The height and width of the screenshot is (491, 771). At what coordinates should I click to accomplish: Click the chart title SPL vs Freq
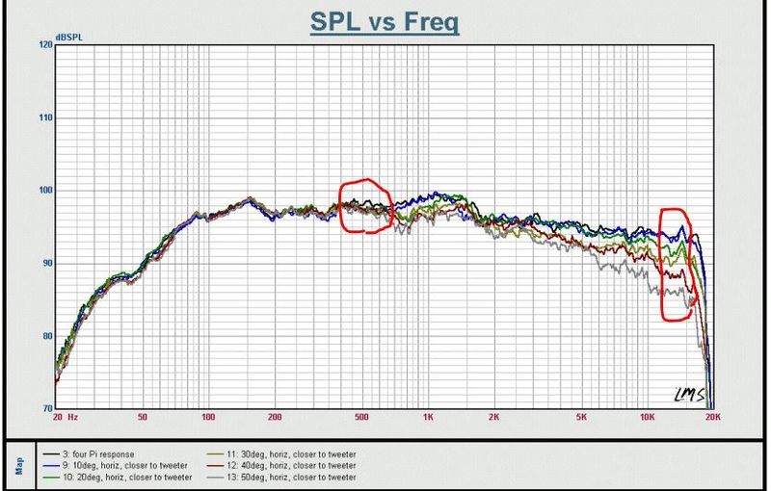[385, 21]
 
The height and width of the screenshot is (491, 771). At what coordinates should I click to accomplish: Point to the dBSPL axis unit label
[69, 38]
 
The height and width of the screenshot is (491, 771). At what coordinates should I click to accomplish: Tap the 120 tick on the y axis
[45, 44]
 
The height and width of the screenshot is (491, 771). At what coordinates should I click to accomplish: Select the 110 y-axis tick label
[45, 117]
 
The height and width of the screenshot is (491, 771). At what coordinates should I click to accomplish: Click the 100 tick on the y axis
[45, 191]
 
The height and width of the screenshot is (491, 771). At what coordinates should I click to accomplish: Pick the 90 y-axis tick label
[47, 263]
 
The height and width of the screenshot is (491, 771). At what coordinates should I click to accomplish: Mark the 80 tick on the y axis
[47, 336]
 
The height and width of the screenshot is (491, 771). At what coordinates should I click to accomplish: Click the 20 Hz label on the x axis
[65, 417]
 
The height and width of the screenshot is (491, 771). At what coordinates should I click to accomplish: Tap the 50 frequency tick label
[142, 417]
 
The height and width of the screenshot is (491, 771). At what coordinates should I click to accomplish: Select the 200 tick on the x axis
[275, 417]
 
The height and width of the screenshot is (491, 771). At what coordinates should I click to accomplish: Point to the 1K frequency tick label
[428, 417]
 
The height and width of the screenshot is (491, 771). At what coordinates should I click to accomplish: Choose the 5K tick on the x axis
[581, 417]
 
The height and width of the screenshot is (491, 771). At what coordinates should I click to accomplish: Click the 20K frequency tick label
[713, 417]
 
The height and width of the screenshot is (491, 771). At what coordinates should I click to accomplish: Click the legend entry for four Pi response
[89, 454]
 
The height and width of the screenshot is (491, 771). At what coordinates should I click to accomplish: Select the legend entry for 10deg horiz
[116, 465]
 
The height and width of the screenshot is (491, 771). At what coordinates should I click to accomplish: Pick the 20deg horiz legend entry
[118, 477]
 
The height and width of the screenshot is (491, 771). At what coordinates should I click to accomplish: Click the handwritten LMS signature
[688, 395]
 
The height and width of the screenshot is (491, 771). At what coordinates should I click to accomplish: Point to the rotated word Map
[19, 466]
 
